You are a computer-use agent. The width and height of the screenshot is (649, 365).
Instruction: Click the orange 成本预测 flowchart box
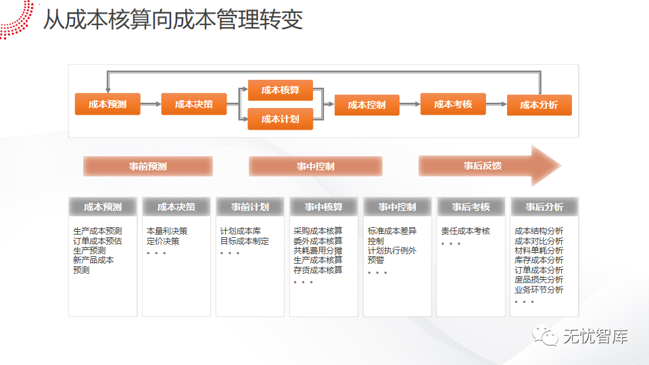(x=107, y=104)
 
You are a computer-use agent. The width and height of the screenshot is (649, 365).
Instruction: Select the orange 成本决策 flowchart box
(x=194, y=104)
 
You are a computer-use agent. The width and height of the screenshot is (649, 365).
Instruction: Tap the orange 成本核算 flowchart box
(x=281, y=90)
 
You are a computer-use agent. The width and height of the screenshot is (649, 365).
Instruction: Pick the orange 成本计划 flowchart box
(x=281, y=119)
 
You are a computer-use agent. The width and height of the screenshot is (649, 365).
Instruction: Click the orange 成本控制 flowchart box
(x=367, y=105)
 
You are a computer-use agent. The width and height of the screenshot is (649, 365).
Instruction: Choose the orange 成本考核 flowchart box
(x=453, y=104)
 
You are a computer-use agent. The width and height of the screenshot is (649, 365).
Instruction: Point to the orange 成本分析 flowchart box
(x=539, y=105)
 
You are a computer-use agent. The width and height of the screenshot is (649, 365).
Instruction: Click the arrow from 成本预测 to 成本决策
(x=151, y=104)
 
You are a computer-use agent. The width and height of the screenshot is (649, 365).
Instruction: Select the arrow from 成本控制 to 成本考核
(x=410, y=104)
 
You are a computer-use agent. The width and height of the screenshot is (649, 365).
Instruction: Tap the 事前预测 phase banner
(x=148, y=166)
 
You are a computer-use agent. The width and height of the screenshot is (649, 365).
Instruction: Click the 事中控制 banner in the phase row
(x=316, y=166)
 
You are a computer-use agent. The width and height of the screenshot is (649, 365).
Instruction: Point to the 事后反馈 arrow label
(x=483, y=166)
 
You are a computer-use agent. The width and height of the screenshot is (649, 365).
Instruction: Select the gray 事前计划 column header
(x=250, y=207)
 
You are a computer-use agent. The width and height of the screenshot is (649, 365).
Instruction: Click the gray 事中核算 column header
(x=324, y=207)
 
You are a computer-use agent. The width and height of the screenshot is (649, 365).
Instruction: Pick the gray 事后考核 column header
(x=471, y=207)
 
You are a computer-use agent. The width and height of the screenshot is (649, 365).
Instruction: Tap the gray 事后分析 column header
(x=544, y=207)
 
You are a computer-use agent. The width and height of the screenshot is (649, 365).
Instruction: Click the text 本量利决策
(x=167, y=231)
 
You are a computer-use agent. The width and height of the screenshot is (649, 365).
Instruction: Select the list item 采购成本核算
(x=318, y=231)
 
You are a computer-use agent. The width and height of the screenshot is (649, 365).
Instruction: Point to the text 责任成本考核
(x=465, y=231)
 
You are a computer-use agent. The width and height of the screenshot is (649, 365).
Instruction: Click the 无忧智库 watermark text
(x=595, y=336)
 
